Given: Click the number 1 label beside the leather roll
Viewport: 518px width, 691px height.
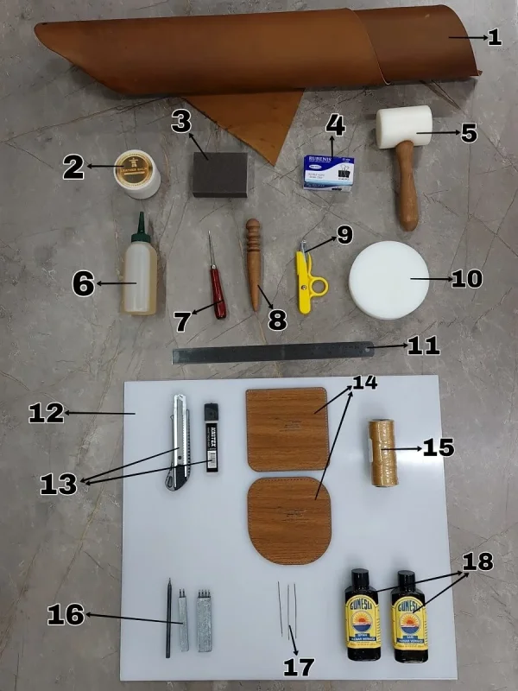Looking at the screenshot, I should point(494,37).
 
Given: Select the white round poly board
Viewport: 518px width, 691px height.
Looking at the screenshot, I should point(389,279).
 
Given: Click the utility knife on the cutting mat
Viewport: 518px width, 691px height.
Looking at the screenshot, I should point(179,441).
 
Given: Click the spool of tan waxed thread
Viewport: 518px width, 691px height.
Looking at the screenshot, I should point(381,453).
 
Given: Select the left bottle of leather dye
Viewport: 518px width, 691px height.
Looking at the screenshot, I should point(363,615).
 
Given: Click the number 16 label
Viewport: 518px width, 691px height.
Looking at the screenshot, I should point(66,615).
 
